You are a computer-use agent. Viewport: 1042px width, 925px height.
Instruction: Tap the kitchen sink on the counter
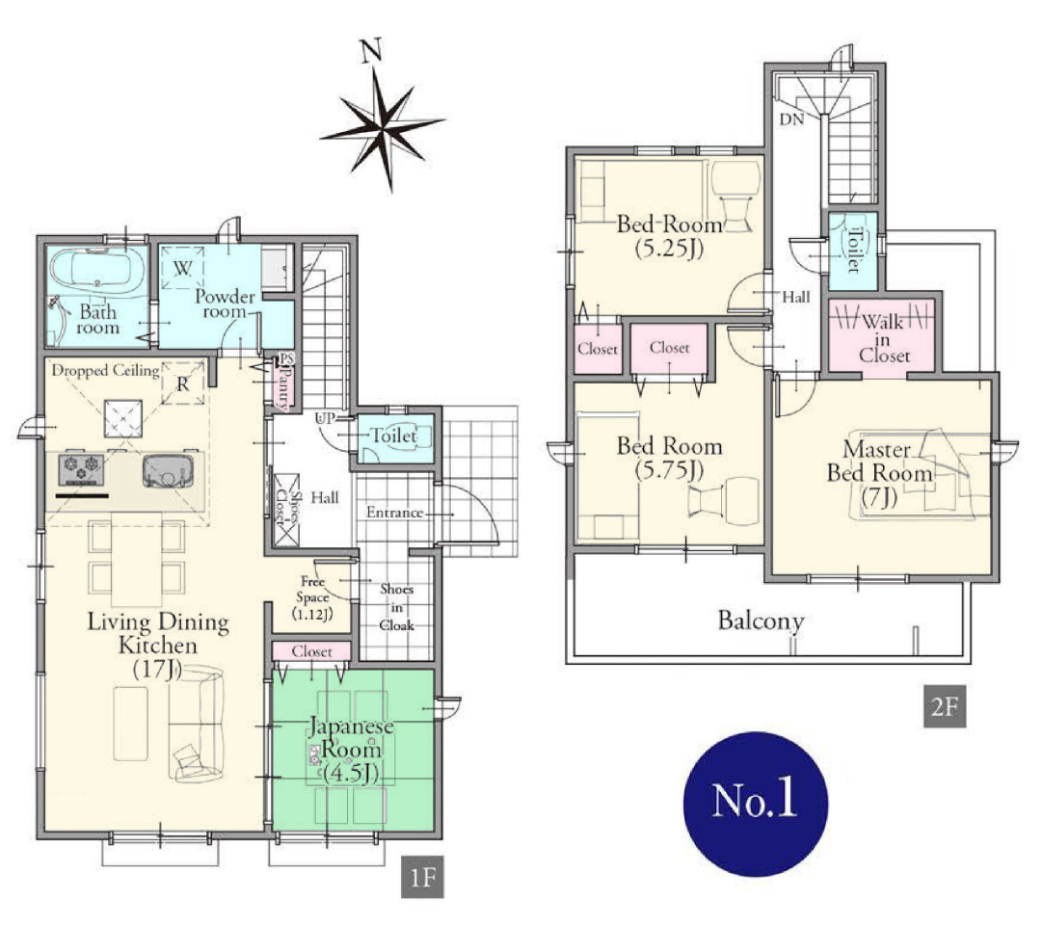coord(168,470)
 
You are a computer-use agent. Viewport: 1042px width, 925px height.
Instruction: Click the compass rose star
coord(382,129)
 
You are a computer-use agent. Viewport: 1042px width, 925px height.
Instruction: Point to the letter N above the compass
coord(371,50)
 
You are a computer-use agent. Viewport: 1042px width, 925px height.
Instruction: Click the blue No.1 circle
coord(756,804)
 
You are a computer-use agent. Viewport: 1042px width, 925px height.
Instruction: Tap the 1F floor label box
coord(422,877)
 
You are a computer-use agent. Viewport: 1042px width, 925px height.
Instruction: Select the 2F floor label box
coord(945,706)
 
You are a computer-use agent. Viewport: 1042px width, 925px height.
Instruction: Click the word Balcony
coord(761,621)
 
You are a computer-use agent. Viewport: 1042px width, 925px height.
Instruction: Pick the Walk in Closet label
coord(883,339)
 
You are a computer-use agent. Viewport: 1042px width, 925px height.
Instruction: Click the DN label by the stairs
coord(791,119)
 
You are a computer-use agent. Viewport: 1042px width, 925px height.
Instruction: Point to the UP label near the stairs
coord(325,418)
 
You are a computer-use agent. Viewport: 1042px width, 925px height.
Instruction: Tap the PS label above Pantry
coord(286,358)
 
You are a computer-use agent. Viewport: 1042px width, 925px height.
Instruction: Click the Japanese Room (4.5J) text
coord(351,749)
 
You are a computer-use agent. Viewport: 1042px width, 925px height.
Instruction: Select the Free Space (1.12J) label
coord(312,597)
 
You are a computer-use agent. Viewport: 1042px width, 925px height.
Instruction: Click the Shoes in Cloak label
coord(397,607)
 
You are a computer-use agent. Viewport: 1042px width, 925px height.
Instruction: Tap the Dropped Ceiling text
coord(105,370)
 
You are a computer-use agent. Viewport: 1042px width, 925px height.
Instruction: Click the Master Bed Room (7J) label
coord(879,472)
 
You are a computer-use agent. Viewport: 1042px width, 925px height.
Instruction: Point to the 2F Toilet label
coord(855,250)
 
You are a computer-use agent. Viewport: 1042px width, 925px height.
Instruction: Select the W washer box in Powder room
coord(183,268)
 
